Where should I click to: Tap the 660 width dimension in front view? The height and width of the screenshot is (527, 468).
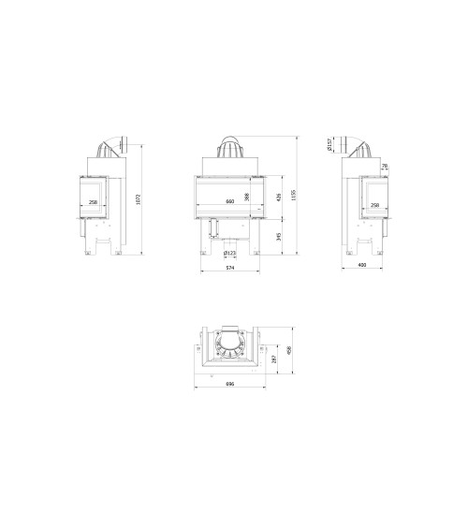pyautogui.click(x=229, y=202)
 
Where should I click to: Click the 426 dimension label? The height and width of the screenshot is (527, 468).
pyautogui.click(x=279, y=197)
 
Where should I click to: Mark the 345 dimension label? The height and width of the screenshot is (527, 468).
pyautogui.click(x=279, y=237)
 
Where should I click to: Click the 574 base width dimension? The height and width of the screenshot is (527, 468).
pyautogui.click(x=228, y=270)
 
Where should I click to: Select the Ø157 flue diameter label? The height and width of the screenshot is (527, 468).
pyautogui.click(x=329, y=144)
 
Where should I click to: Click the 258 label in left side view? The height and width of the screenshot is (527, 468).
pyautogui.click(x=92, y=203)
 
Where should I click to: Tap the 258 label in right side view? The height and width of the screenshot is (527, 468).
pyautogui.click(x=375, y=206)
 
